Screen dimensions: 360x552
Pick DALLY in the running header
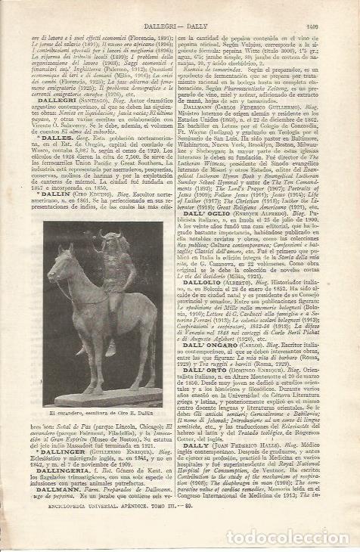tap(206, 27)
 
